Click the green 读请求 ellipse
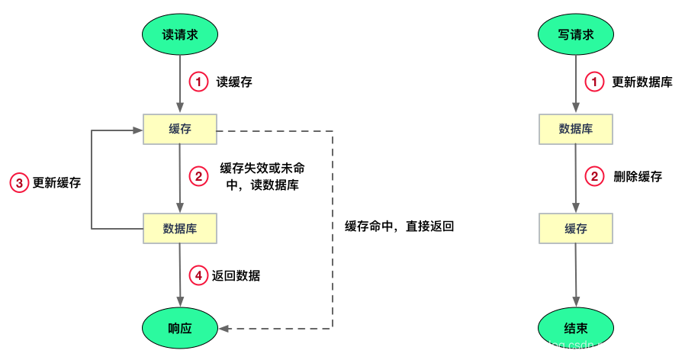pos(180,34)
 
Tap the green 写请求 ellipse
pos(576,34)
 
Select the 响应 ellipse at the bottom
pos(180,329)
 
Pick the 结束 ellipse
pos(576,329)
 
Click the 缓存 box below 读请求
pos(180,129)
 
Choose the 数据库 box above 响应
pos(180,228)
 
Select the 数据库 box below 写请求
pos(576,129)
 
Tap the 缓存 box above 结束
pos(576,228)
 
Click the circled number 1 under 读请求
pos(198,82)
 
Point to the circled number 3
pos(19,182)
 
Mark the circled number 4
pos(198,275)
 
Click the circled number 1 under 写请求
pos(594,82)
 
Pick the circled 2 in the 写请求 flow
pos(594,176)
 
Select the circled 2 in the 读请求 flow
pos(198,176)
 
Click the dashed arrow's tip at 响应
pos(222,329)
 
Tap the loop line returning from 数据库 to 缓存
pos(92,179)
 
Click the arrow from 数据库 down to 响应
pos(180,275)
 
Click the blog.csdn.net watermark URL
pos(593,346)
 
